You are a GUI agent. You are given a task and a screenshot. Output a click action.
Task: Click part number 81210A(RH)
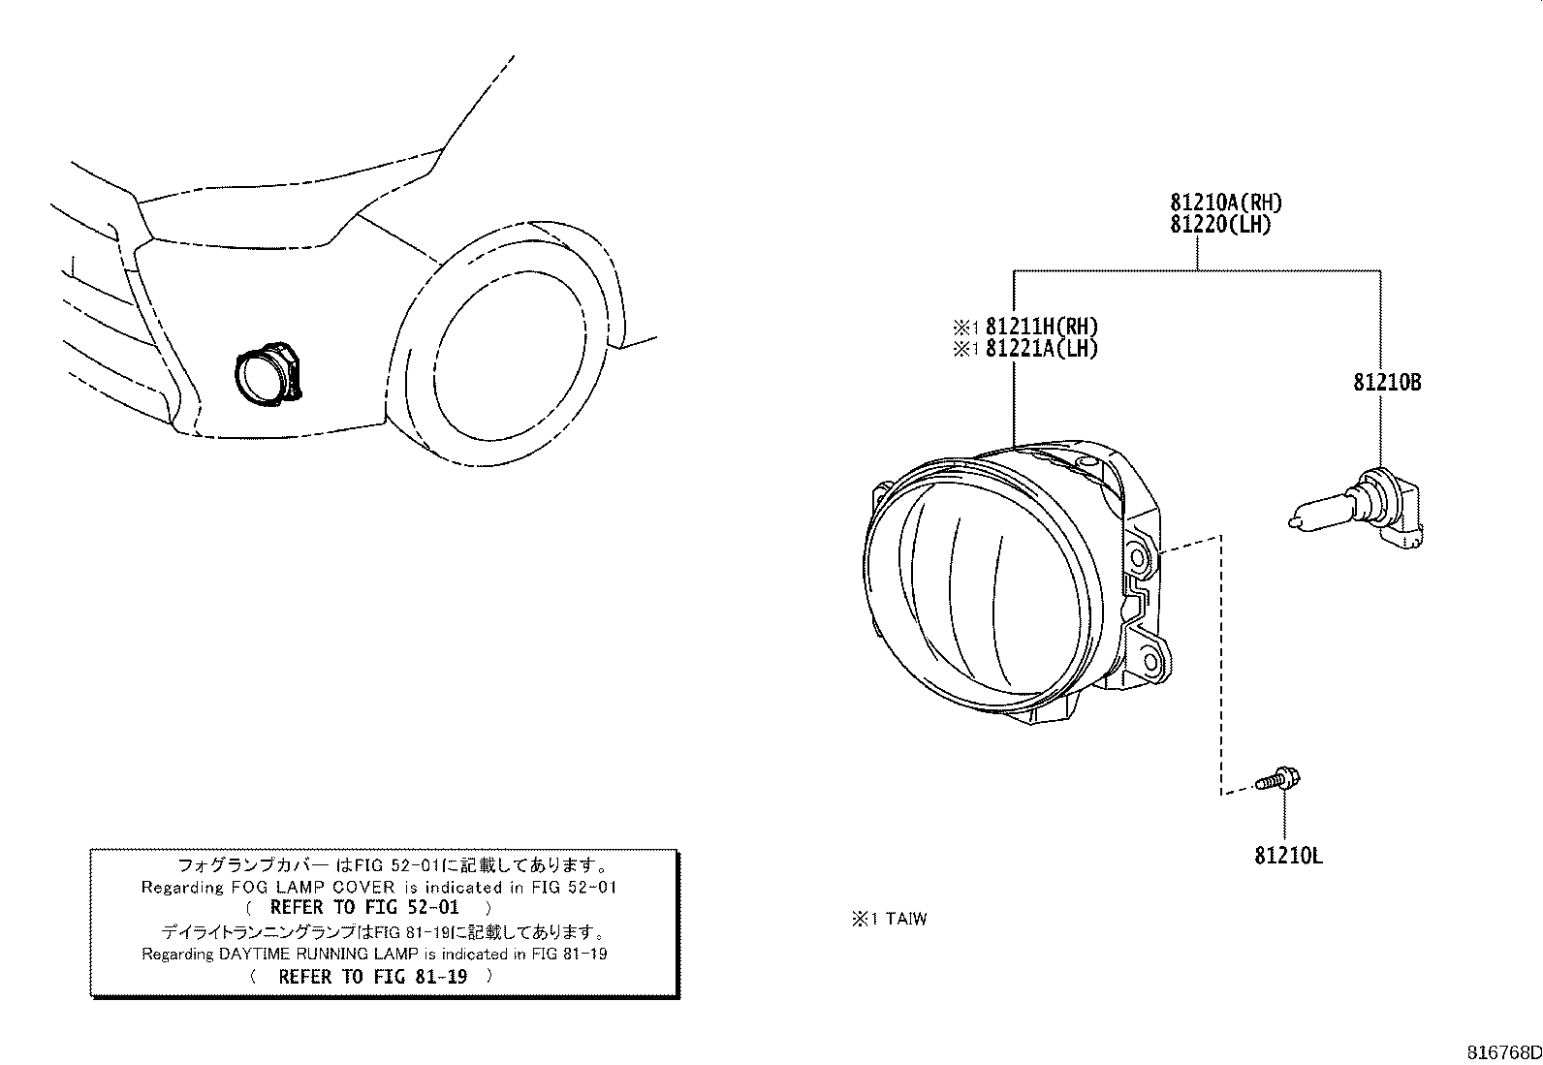pyautogui.click(x=1226, y=203)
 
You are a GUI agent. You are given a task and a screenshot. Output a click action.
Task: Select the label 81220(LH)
pyautogui.click(x=1220, y=224)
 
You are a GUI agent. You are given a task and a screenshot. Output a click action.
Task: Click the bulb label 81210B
pyautogui.click(x=1387, y=383)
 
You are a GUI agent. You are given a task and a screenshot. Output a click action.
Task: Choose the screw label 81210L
pyautogui.click(x=1288, y=856)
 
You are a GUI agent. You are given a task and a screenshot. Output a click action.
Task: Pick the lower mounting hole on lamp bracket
pyautogui.click(x=1150, y=662)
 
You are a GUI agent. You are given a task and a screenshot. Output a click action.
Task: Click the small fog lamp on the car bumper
pyautogui.click(x=267, y=374)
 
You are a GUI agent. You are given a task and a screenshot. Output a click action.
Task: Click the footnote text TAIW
pyautogui.click(x=905, y=919)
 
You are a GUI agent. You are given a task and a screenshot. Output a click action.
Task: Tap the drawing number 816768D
pyautogui.click(x=1501, y=1052)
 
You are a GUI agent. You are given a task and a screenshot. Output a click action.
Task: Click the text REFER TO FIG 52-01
pyautogui.click(x=363, y=908)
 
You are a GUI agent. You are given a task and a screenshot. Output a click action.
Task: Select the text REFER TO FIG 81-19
pyautogui.click(x=372, y=977)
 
